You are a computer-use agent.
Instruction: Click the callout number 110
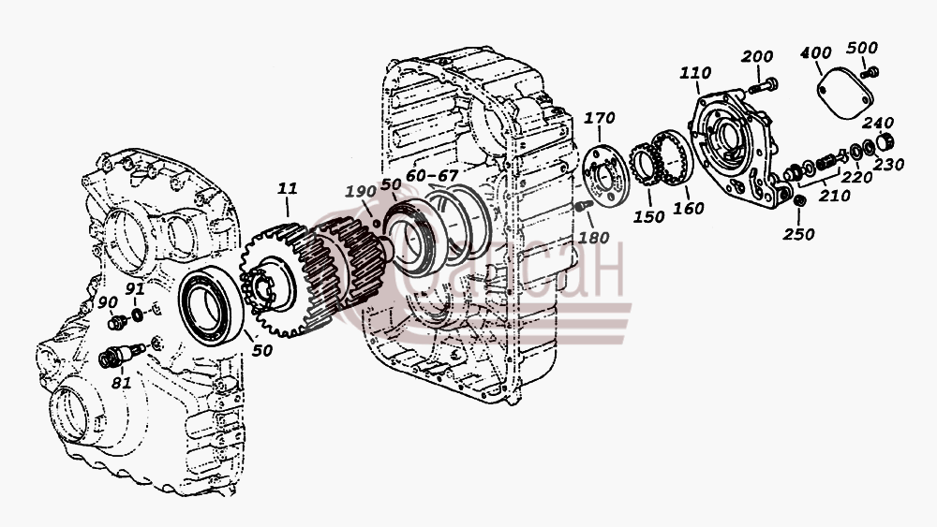coord(695,73)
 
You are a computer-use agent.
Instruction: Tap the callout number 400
coord(816,52)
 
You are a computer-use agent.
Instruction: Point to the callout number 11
coord(287,188)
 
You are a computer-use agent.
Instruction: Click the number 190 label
coord(361,191)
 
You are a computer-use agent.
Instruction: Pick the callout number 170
coord(599,118)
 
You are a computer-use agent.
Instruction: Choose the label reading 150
coord(648,216)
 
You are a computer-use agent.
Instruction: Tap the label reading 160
coord(689,209)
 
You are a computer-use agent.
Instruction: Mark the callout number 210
coord(834,195)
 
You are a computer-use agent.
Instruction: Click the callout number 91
coord(135,289)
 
